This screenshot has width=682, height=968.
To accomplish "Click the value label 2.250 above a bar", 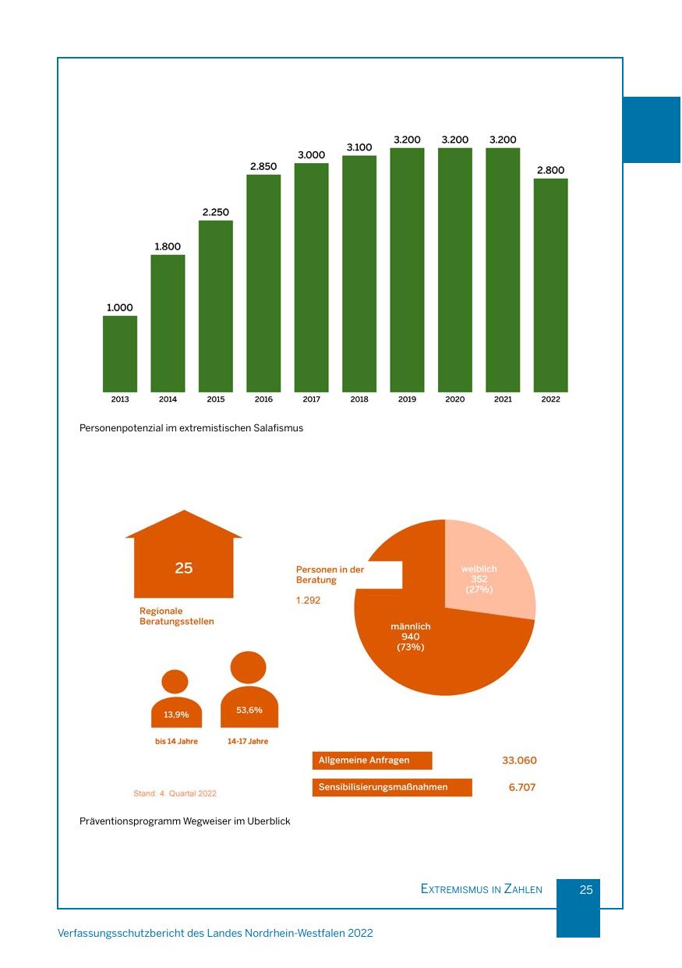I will coord(216,212).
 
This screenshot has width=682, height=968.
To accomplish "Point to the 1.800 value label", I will coord(168,246).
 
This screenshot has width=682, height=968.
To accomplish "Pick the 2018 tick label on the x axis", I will coord(359,399).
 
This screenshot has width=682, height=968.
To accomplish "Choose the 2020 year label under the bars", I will coord(455,399).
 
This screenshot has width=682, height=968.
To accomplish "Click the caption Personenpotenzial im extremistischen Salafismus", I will coord(191,428).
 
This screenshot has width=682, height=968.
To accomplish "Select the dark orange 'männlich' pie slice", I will coord(421,647).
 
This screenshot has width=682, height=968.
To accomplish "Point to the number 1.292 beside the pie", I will coord(308,601).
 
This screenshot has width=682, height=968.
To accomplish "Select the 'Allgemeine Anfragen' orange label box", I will coord(372,761).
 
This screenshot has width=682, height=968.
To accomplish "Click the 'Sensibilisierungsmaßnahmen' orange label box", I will coord(392,788).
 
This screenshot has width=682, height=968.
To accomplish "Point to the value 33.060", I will coord(519,761).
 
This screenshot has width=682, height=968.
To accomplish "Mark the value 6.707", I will coord(522,788).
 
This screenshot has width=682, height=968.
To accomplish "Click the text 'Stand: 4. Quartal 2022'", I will coord(175,793).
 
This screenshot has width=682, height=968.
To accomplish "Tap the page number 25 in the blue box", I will coord(586,890).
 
